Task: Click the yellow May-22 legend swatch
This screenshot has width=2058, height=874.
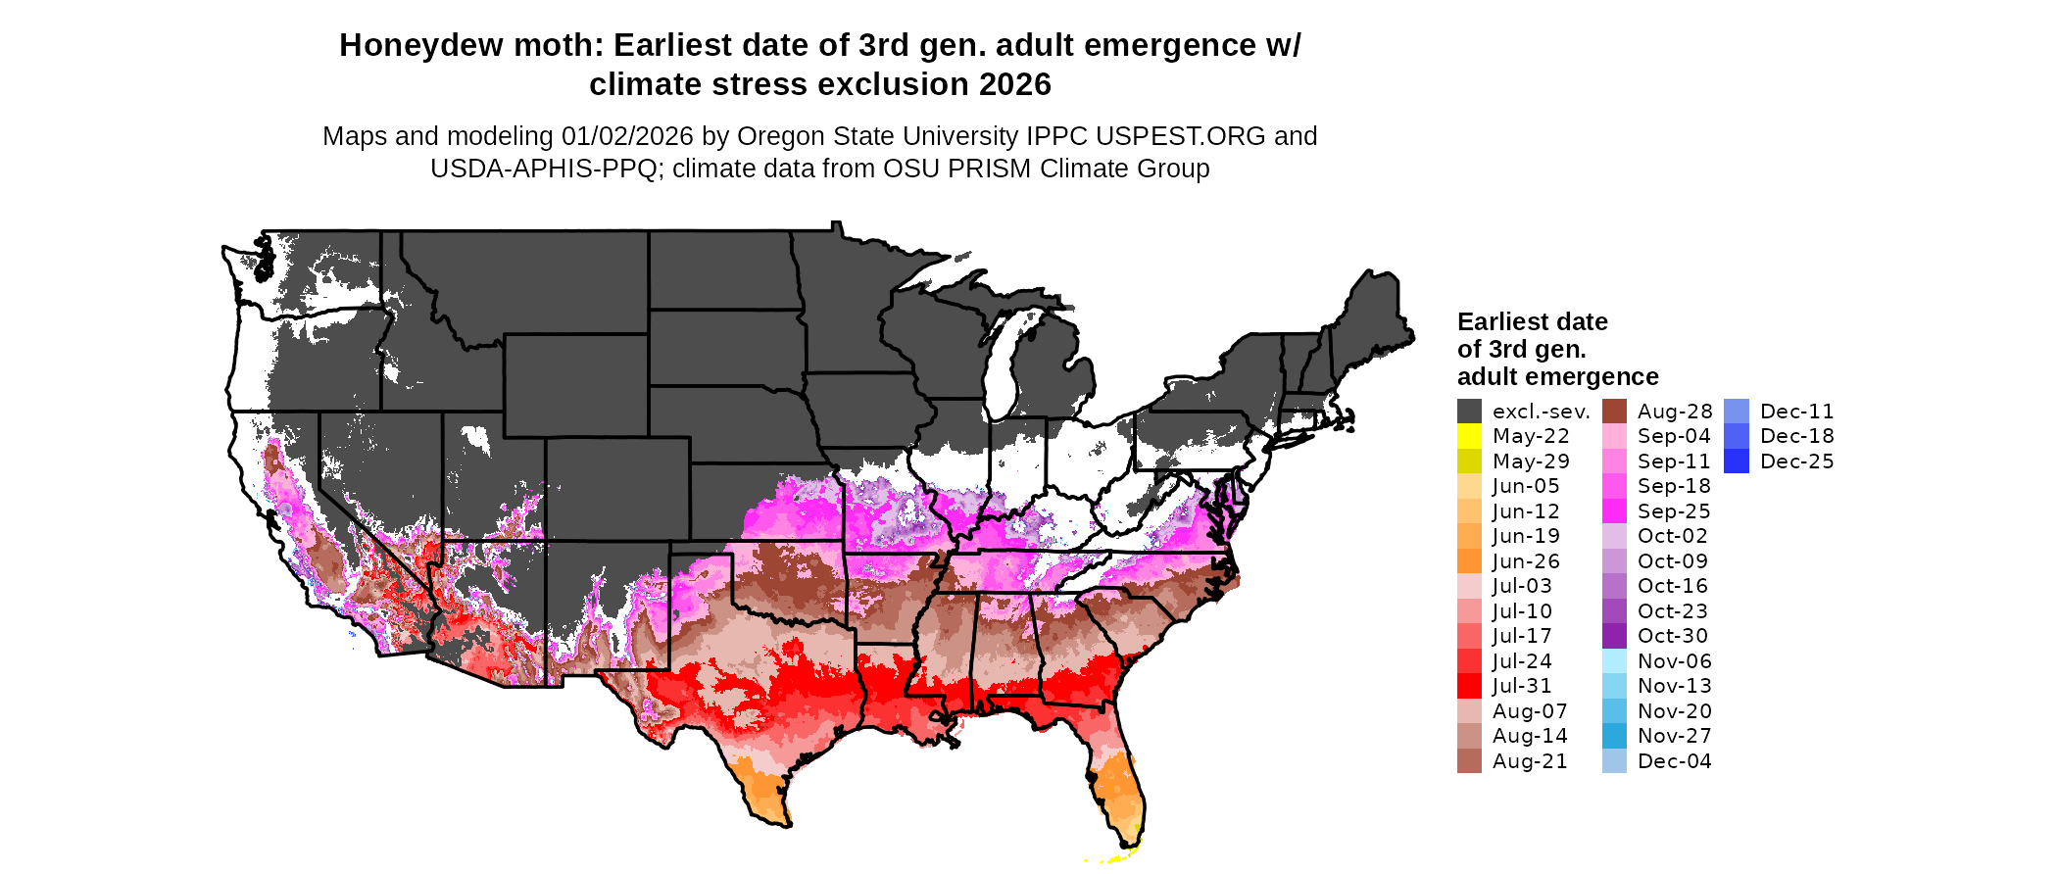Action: tap(1469, 436)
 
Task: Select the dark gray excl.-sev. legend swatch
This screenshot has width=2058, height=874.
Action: tap(1469, 412)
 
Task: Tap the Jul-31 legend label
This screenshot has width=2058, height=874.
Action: tap(1522, 686)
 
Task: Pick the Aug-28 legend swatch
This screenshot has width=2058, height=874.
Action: tap(1614, 412)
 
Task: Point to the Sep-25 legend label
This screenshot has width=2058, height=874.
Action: tap(1674, 511)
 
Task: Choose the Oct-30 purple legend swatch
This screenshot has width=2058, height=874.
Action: tap(1614, 636)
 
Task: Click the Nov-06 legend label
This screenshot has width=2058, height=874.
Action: tap(1674, 661)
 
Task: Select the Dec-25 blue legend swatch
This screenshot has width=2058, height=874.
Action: tap(1737, 461)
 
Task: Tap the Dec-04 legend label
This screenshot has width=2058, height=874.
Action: tap(1674, 761)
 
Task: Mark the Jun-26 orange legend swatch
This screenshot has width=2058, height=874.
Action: tap(1469, 561)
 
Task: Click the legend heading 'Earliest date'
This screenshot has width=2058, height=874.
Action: tap(1532, 322)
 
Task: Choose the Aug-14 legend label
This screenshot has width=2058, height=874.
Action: tap(1530, 736)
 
